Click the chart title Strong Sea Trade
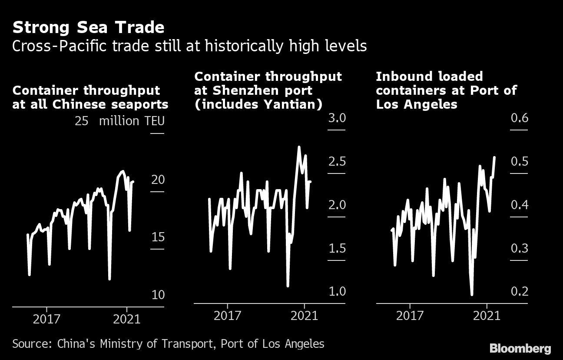(x=88, y=27)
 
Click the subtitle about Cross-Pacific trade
(x=189, y=46)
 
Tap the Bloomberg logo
(x=520, y=348)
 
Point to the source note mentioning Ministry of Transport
(x=168, y=344)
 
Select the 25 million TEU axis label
(x=119, y=121)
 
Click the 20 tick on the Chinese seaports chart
(x=158, y=180)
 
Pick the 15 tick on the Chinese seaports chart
(x=158, y=237)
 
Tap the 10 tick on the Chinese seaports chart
(x=158, y=295)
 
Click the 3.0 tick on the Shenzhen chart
(x=337, y=118)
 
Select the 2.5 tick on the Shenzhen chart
(x=337, y=162)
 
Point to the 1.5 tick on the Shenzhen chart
(x=337, y=248)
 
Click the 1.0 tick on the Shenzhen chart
(x=337, y=291)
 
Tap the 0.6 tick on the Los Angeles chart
(x=519, y=118)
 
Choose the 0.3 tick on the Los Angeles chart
(x=519, y=248)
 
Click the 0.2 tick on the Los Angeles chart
(x=519, y=291)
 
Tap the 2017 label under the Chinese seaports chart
(x=46, y=319)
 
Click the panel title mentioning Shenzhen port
(x=268, y=91)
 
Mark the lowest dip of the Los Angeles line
(x=472, y=294)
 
